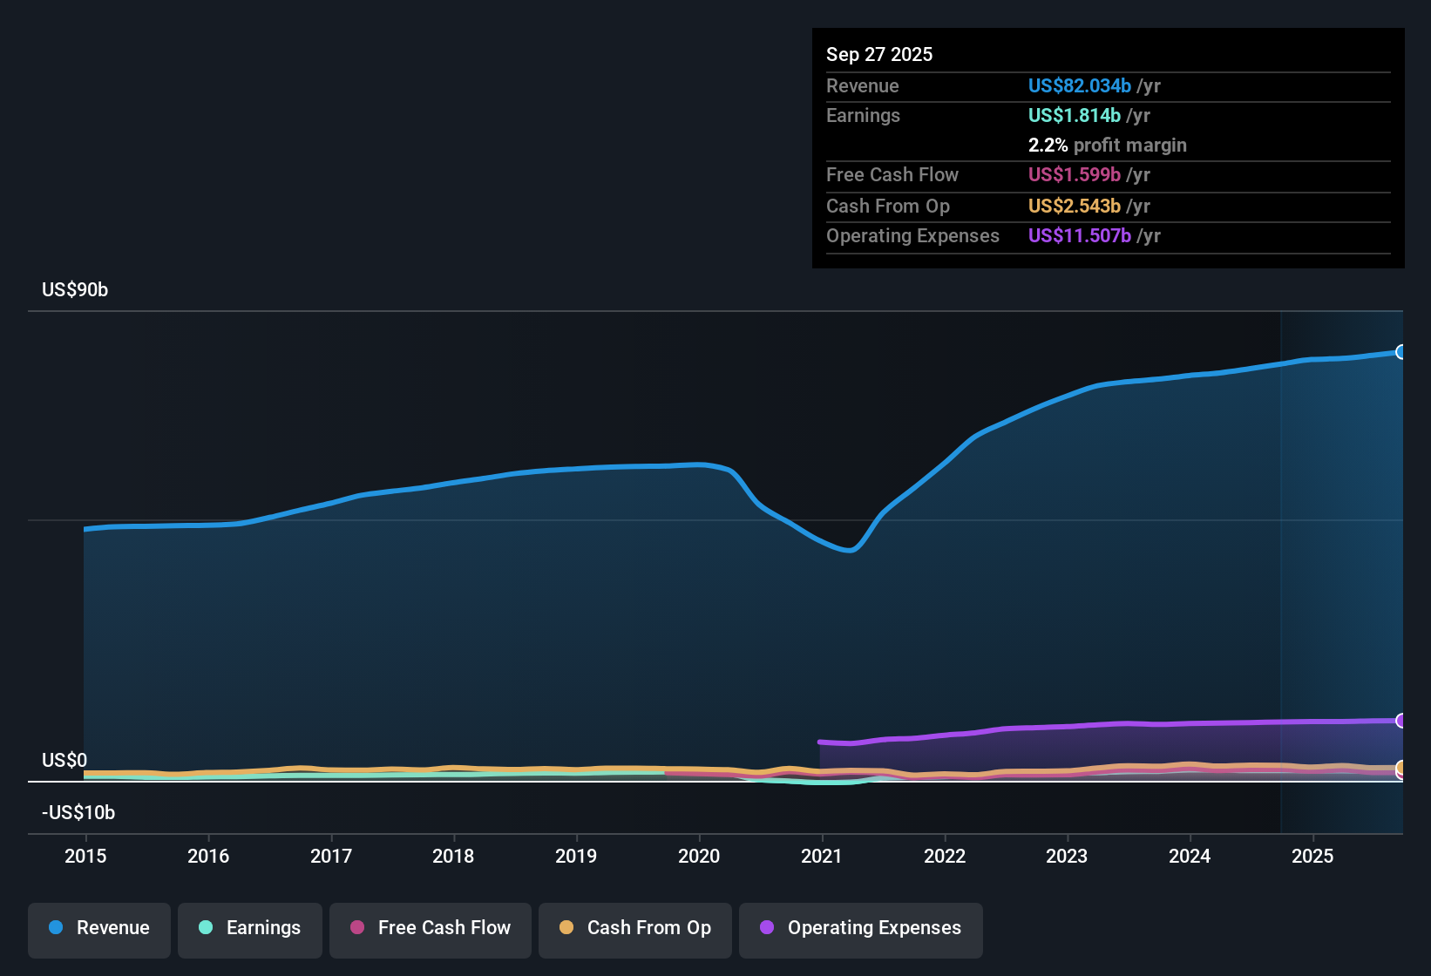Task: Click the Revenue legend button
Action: click(x=99, y=929)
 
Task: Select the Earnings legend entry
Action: click(x=250, y=929)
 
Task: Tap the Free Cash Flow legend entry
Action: click(x=431, y=929)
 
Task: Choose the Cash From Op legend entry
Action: click(x=635, y=929)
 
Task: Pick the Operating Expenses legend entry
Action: click(x=861, y=929)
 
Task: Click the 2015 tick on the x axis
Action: click(x=85, y=856)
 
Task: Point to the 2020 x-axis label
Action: click(x=699, y=856)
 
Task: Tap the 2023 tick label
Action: click(x=1067, y=856)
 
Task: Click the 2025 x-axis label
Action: click(x=1312, y=856)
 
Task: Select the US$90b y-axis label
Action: click(x=75, y=290)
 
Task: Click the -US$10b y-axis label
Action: click(x=78, y=813)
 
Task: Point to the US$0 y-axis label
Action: click(x=64, y=761)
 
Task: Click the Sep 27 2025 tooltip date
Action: click(x=879, y=55)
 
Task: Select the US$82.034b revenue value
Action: click(x=1079, y=86)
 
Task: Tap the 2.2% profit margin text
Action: click(x=1107, y=146)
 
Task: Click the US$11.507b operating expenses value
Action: click(x=1079, y=236)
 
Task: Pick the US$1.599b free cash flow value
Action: click(x=1074, y=175)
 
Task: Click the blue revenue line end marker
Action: click(x=1400, y=352)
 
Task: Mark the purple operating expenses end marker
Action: click(x=1400, y=721)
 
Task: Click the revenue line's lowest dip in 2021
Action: click(x=851, y=550)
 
